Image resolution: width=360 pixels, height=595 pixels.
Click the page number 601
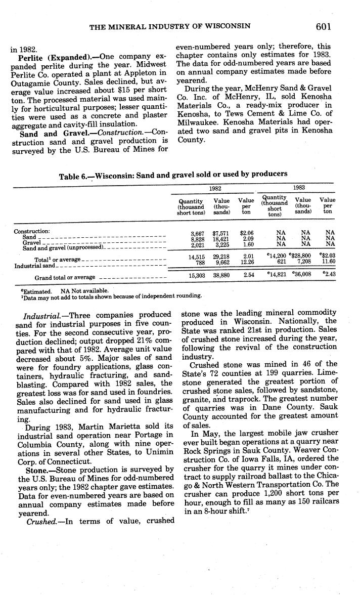323,27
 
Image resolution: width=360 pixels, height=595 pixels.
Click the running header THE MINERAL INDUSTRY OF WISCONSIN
170,26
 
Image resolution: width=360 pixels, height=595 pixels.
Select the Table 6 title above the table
173,175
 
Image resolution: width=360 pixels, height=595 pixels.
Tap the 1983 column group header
300,187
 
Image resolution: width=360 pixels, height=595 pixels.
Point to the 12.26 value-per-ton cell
247,263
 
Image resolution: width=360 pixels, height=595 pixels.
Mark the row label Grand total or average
65,278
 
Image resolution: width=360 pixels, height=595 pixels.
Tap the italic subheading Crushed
41,521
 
